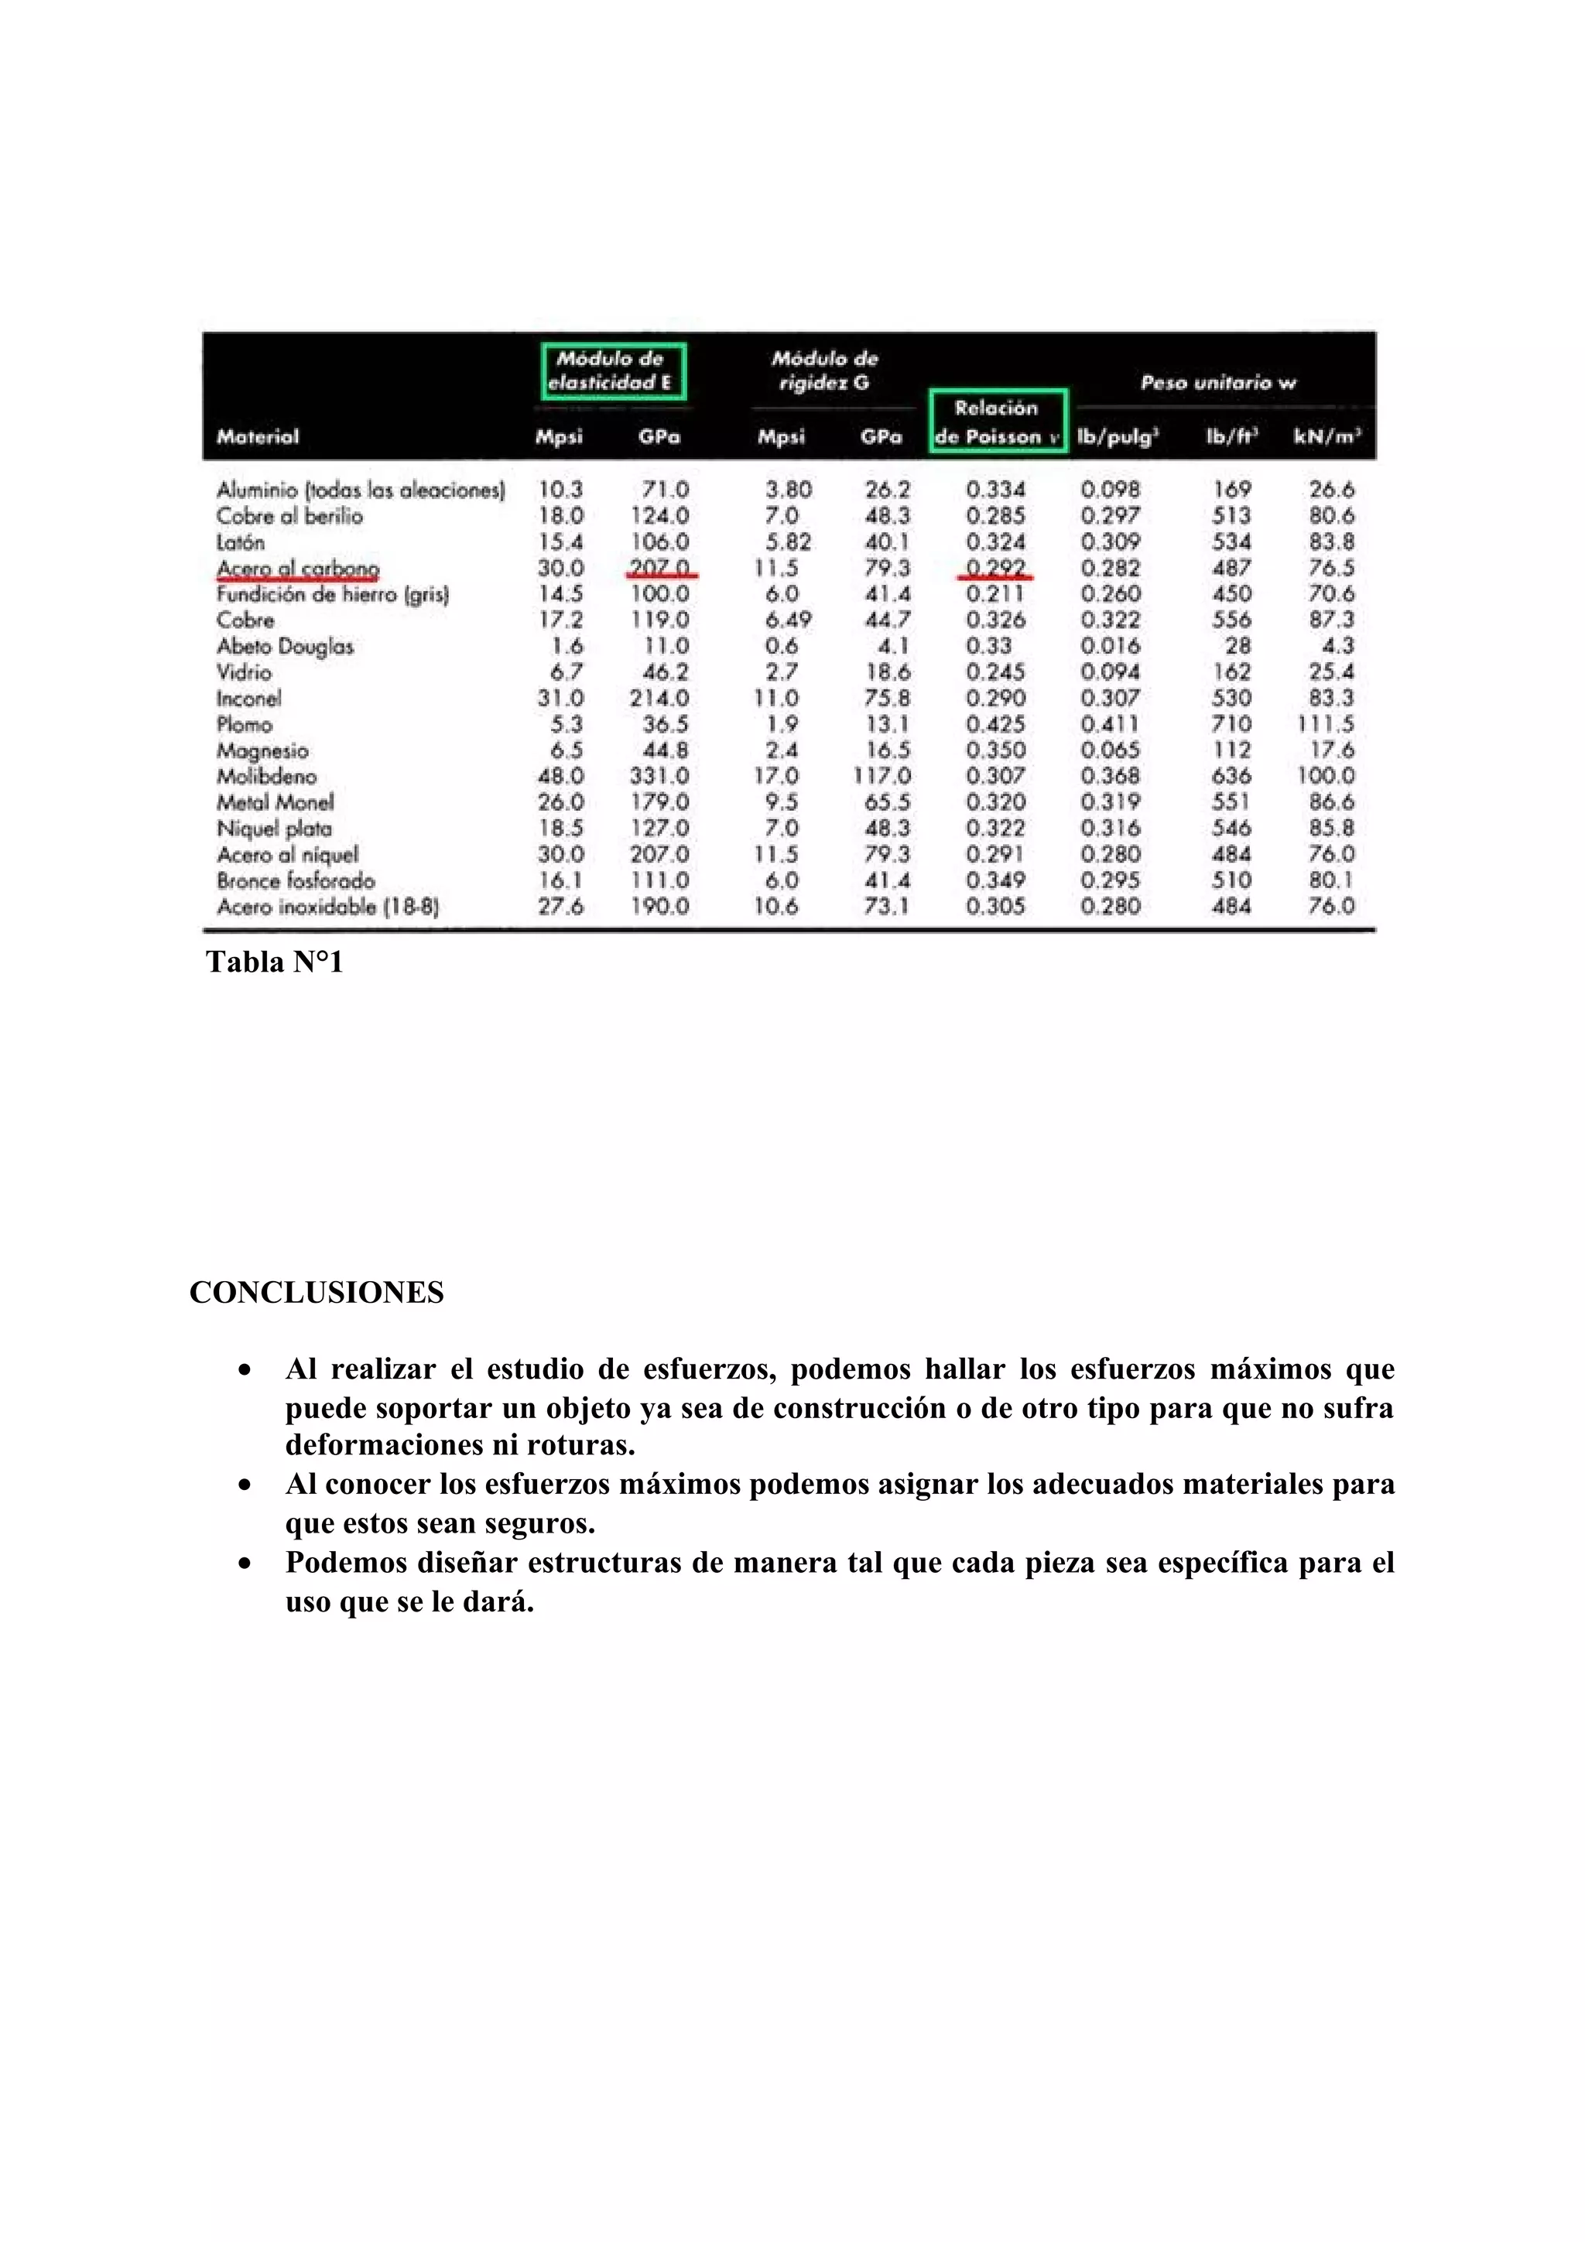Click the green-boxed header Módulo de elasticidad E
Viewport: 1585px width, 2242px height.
click(613, 371)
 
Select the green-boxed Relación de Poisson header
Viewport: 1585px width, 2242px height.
click(997, 422)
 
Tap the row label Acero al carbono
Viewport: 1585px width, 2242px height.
click(298, 569)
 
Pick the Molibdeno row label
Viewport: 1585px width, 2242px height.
click(266, 776)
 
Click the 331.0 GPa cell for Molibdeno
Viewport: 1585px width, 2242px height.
click(659, 776)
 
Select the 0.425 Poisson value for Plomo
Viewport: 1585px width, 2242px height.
click(995, 725)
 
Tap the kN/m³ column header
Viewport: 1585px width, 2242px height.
click(1327, 436)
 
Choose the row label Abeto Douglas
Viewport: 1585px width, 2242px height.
click(284, 647)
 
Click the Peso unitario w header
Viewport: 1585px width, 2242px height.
click(1218, 383)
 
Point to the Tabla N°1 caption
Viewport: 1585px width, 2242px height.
click(275, 963)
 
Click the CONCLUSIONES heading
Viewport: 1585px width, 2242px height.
click(317, 1293)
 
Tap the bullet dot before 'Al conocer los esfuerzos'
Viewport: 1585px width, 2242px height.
click(245, 1485)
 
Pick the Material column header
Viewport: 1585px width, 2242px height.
click(258, 436)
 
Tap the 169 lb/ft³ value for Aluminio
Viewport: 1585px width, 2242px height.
click(1231, 489)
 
